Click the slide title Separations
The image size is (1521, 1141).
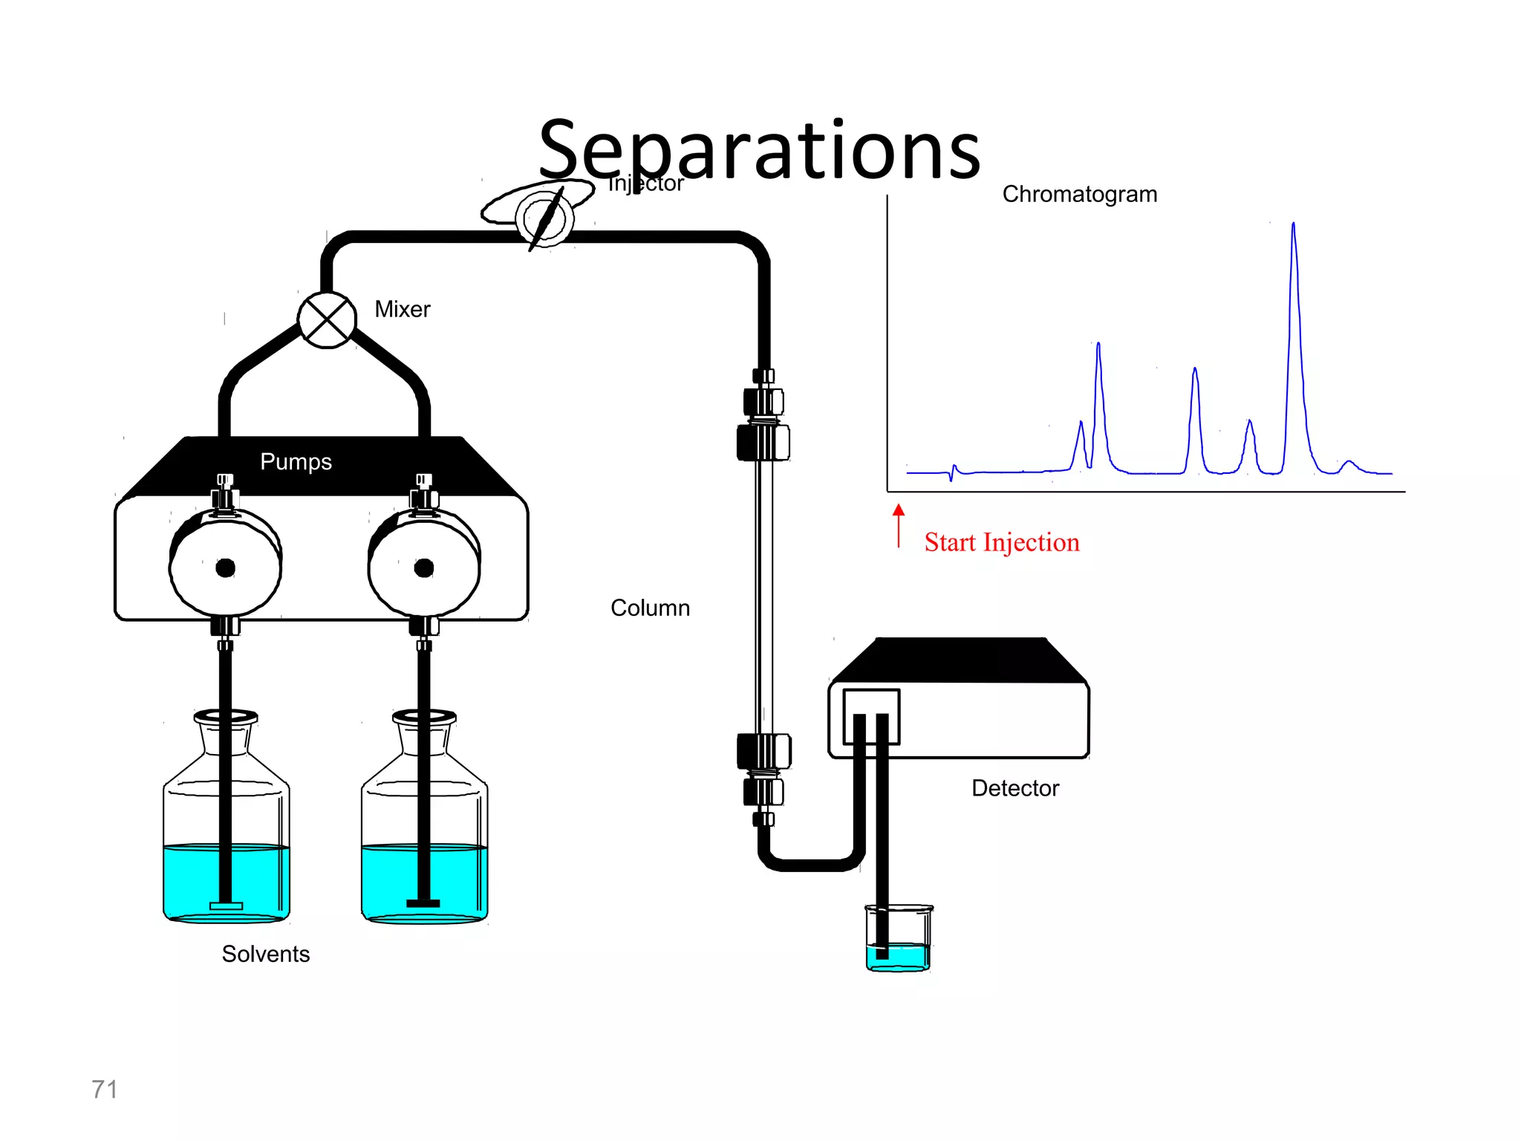point(759,151)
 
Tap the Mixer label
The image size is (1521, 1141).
point(402,309)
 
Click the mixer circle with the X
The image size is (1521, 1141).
point(327,320)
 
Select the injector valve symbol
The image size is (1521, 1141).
point(544,218)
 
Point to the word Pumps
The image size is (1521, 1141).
point(296,461)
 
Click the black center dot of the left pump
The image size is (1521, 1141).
point(225,568)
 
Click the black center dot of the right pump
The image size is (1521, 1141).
point(423,568)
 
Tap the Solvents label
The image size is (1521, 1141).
point(265,954)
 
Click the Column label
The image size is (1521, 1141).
point(650,608)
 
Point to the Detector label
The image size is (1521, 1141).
point(1014,788)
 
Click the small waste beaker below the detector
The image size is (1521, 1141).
point(898,940)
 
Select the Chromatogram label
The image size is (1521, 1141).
point(1079,194)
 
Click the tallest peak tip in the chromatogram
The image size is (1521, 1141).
point(1293,224)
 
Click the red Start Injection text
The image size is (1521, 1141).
point(1001,542)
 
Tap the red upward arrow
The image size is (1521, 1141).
point(899,524)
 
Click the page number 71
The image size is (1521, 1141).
point(104,1089)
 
